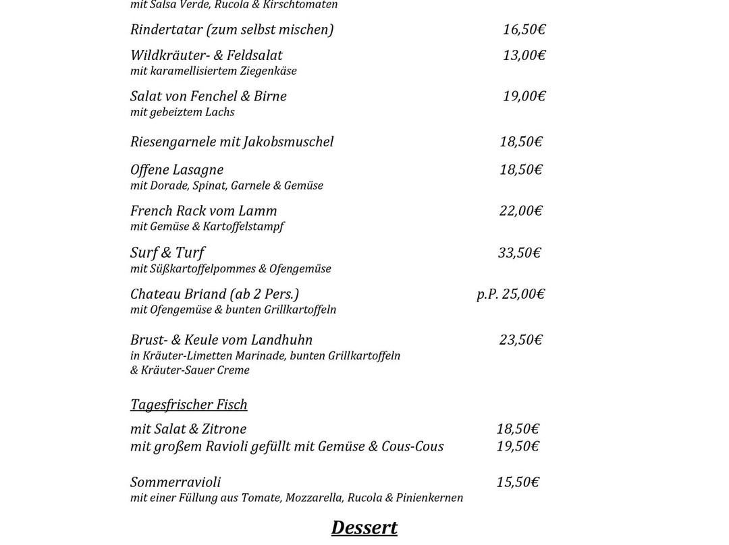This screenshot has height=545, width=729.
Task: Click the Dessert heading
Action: point(364,527)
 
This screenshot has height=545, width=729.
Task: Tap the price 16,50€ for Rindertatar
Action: point(524,30)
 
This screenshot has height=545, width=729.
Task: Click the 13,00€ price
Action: point(524,55)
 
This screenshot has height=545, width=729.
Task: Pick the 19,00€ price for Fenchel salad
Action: point(524,96)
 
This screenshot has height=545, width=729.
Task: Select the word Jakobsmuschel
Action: point(292,142)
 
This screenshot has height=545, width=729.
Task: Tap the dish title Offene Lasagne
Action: point(177,170)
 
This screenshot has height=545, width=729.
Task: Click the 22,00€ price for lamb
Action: point(520,211)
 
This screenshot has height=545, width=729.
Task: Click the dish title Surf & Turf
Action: point(167,253)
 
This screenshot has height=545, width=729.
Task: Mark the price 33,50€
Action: point(519,253)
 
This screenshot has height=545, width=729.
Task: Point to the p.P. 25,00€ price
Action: point(510,294)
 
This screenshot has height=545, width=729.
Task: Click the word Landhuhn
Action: point(281,340)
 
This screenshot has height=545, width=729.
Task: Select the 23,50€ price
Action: point(520,340)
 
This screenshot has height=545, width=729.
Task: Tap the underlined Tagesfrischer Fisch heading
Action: point(189,405)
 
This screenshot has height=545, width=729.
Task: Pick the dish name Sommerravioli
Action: point(175,482)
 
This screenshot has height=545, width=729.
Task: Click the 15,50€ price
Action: point(518,482)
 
